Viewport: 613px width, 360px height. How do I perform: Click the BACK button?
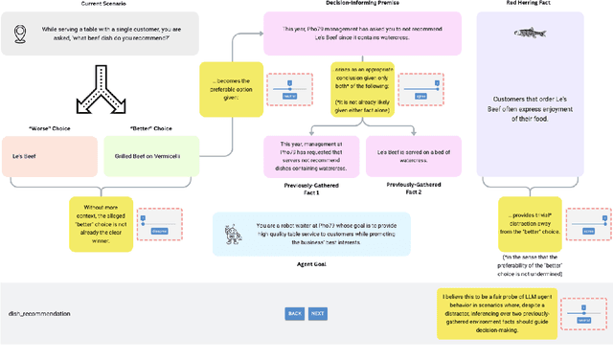[x=295, y=313]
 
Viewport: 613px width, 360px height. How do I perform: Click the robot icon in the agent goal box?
[x=230, y=233]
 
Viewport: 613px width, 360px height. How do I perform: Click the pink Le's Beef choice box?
[x=48, y=156]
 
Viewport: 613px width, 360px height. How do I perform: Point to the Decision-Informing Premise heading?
[x=336, y=4]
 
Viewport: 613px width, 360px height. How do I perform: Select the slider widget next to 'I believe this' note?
[x=582, y=314]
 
